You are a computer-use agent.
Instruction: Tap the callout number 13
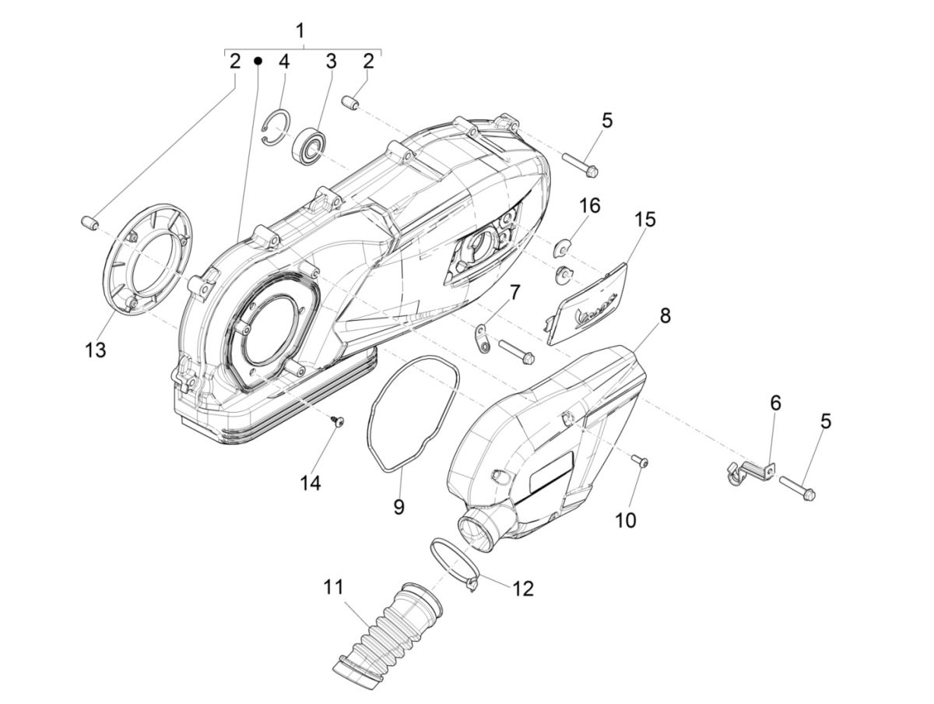pos(95,350)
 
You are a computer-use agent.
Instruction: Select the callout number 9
pos(399,507)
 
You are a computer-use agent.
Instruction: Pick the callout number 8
pos(664,316)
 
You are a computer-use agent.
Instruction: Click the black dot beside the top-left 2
pos(258,61)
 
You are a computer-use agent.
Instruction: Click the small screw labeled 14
pos(339,421)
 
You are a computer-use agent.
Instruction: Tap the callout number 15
pos(644,219)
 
